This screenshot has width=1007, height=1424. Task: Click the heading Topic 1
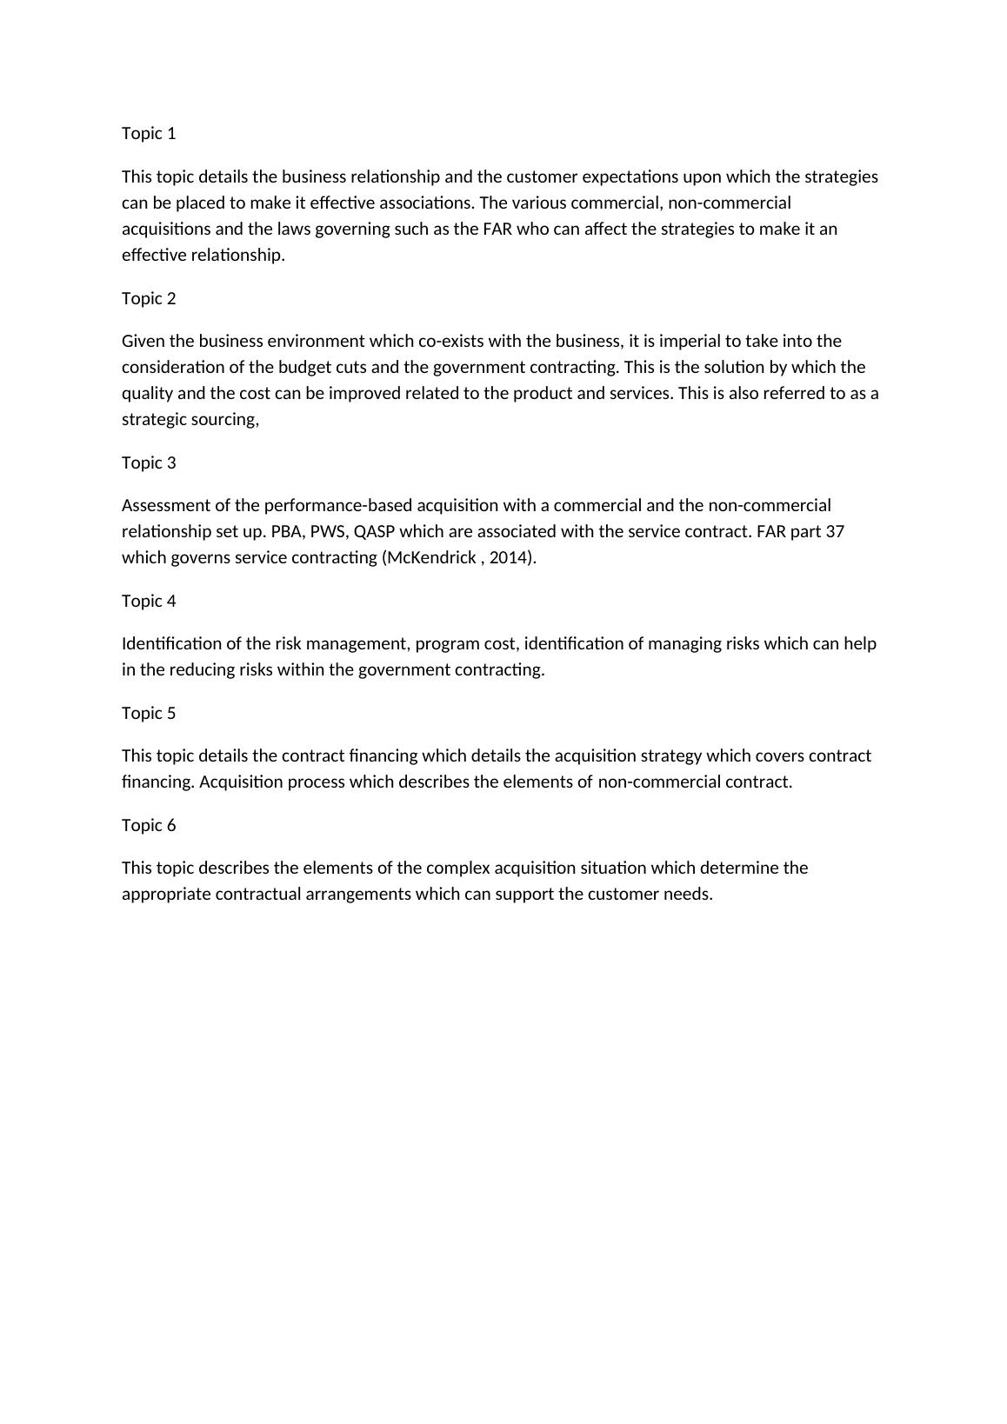click(x=149, y=133)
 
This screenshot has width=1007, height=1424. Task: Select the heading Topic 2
click(x=149, y=298)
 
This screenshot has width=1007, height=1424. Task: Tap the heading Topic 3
click(x=149, y=462)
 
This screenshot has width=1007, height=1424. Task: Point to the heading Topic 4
click(x=149, y=601)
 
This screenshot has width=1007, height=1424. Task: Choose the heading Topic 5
click(x=149, y=713)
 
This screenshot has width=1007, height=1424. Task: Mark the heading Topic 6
click(x=149, y=825)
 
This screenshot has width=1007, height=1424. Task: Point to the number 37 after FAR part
click(x=834, y=531)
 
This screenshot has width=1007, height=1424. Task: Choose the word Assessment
click(x=162, y=505)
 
